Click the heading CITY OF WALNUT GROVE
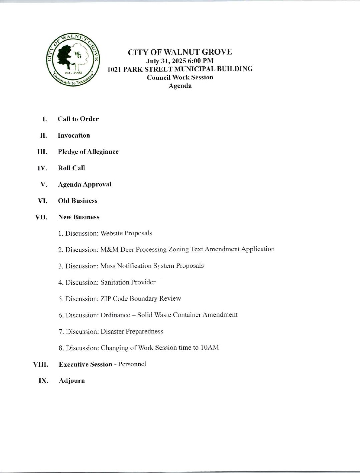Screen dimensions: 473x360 pos(180,52)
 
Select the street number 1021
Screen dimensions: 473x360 pos(114,69)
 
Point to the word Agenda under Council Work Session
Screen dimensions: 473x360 pos(180,86)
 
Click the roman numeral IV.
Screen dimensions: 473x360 pos(42,168)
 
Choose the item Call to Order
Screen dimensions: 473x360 pos(78,119)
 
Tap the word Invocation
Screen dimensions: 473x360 pos(74,135)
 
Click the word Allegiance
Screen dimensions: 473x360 pos(103,152)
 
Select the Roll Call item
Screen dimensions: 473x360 pos(71,168)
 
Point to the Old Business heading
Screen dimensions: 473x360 pos(77,201)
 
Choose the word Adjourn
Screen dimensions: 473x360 pos(72,381)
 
